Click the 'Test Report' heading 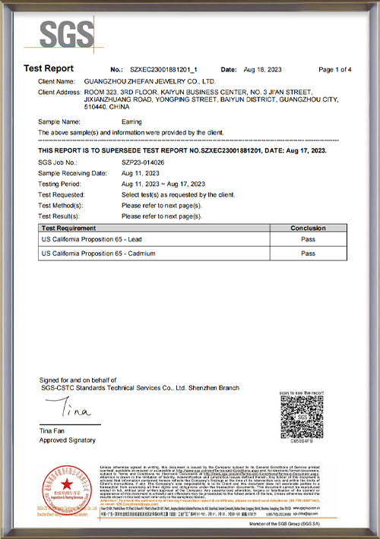49,69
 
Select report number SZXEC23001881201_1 165,70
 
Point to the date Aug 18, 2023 264,70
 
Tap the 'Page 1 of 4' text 334,70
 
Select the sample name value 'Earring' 131,121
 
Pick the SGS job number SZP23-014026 143,162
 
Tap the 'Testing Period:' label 59,184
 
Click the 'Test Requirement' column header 69,228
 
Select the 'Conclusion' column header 308,228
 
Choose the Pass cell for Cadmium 308,254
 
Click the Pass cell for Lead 308,239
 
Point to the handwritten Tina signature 70,410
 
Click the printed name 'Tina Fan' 52,431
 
